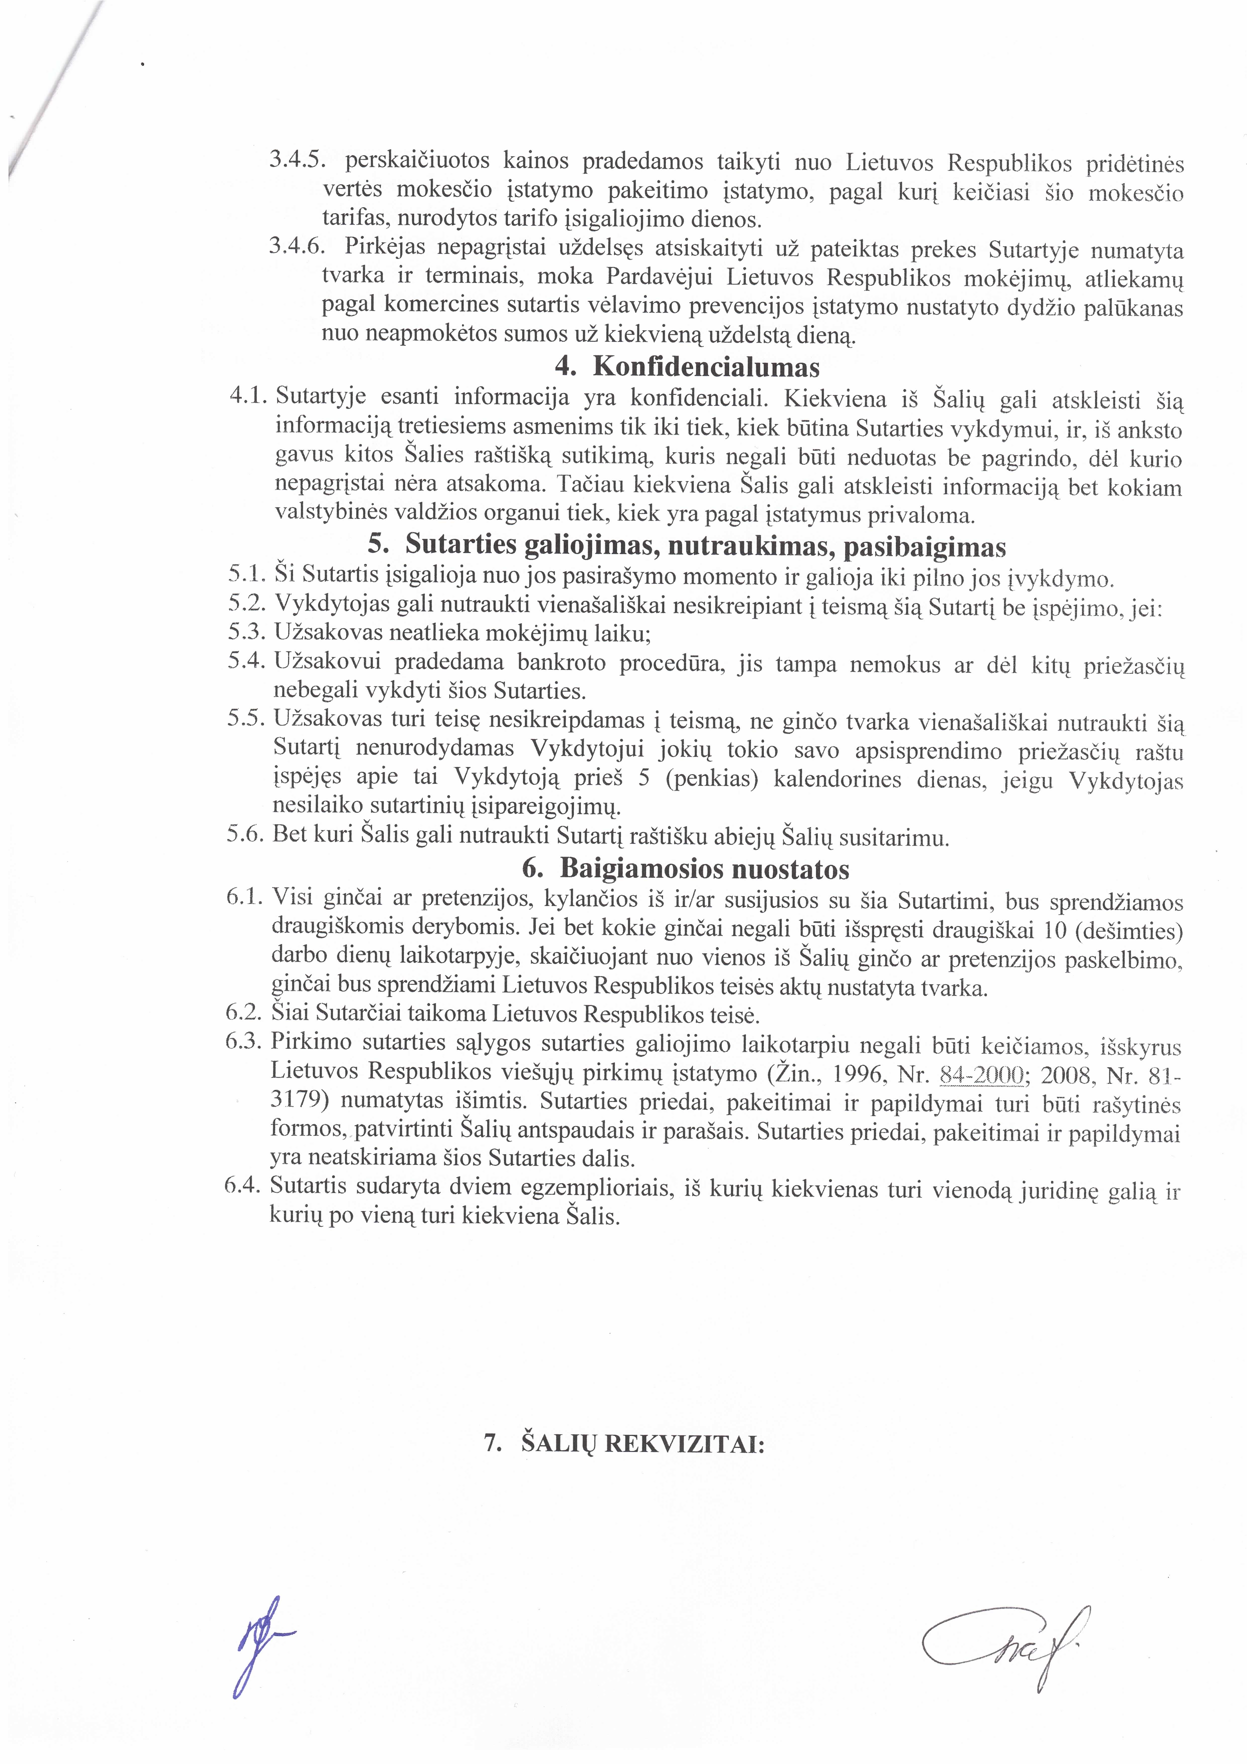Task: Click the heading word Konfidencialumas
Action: tap(706, 367)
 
